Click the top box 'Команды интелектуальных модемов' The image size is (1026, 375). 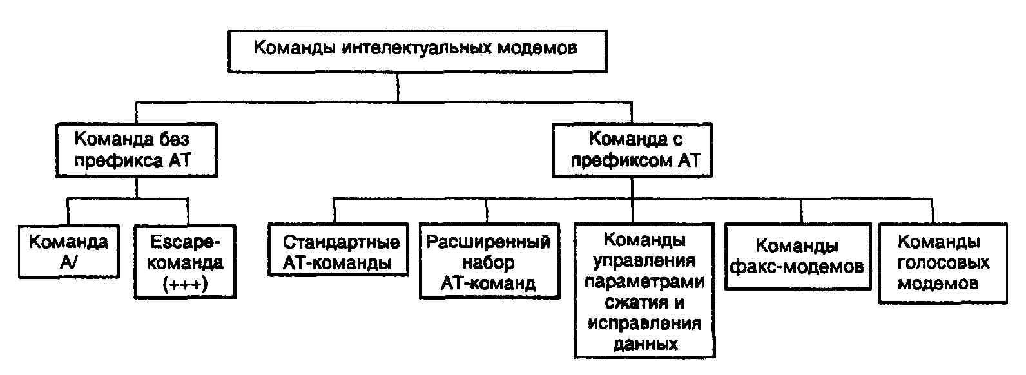[417, 50]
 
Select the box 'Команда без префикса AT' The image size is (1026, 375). [135, 150]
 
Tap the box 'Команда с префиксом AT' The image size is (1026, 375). [632, 150]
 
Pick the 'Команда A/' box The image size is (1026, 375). [68, 251]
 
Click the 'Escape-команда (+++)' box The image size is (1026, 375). [186, 262]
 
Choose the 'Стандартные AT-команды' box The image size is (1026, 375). [338, 251]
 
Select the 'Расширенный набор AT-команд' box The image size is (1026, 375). [489, 262]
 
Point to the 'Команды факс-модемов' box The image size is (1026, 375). [797, 256]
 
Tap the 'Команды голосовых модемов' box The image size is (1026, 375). [943, 263]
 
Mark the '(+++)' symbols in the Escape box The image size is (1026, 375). [186, 284]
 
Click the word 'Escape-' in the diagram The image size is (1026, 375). [186, 242]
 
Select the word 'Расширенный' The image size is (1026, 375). [489, 242]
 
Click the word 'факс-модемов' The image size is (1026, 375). [797, 266]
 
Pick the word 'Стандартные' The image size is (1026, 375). [342, 242]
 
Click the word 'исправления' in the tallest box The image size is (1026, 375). [644, 323]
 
